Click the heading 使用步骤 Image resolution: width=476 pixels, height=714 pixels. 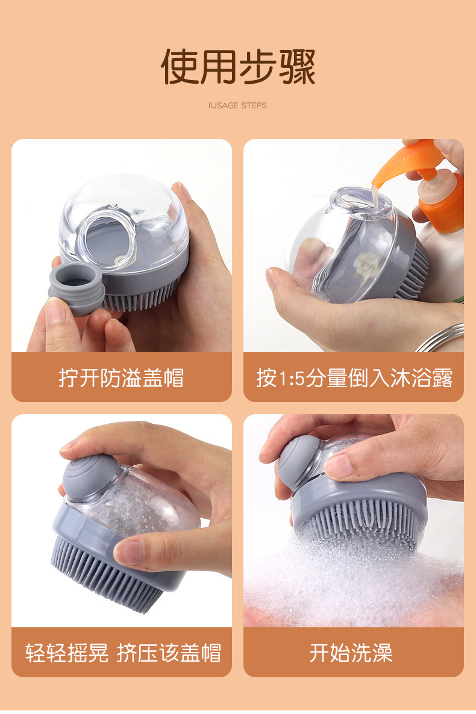tap(238, 67)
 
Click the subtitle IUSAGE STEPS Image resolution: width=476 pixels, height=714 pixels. tap(237, 105)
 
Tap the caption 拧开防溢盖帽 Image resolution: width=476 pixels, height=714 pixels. tap(121, 377)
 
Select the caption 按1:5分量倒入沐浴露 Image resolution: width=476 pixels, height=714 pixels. tap(354, 377)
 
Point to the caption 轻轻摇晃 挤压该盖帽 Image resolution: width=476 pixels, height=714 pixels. tap(123, 653)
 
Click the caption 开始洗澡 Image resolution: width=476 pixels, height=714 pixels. tap(351, 653)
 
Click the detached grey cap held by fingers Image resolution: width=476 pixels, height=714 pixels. tap(77, 289)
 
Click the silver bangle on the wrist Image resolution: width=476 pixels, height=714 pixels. tap(441, 337)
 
